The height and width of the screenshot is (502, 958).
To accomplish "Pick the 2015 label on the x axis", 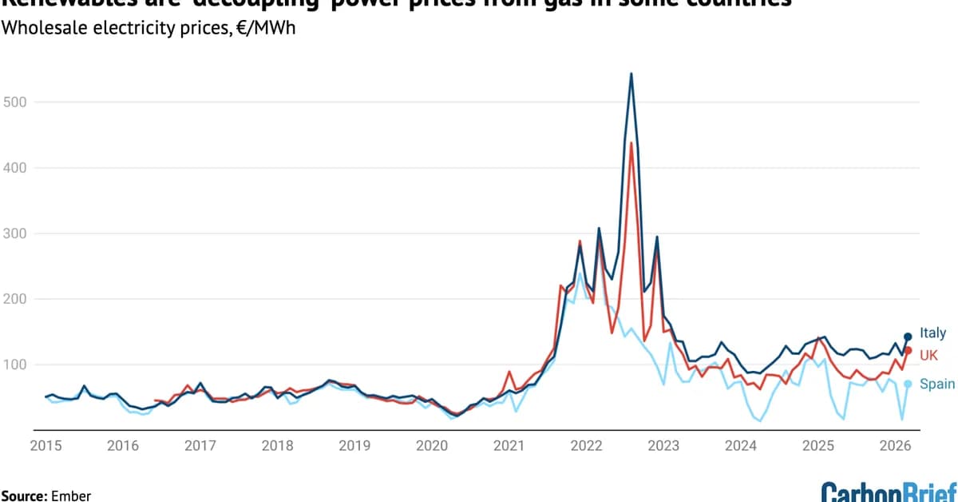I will coord(44,446).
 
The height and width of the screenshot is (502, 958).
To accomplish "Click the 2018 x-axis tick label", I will coord(276,446).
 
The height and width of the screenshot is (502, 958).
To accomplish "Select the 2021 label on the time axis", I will coord(508,446).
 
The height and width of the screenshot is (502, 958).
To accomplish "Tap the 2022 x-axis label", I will coord(585,446).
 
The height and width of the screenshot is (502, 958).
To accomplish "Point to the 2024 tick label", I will coord(741,446).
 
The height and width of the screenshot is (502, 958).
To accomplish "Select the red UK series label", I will coord(929,354).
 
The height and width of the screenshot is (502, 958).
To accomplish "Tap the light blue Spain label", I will coord(937,384).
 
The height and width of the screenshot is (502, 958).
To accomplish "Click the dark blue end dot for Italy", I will coord(908,337).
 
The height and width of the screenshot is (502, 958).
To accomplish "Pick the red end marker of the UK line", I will coord(908,350).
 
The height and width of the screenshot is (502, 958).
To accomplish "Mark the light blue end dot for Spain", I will coord(908,384).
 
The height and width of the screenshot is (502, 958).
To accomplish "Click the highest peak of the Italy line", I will coord(631,74).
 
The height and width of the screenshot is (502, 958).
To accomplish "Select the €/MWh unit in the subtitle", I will coord(258,33).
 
